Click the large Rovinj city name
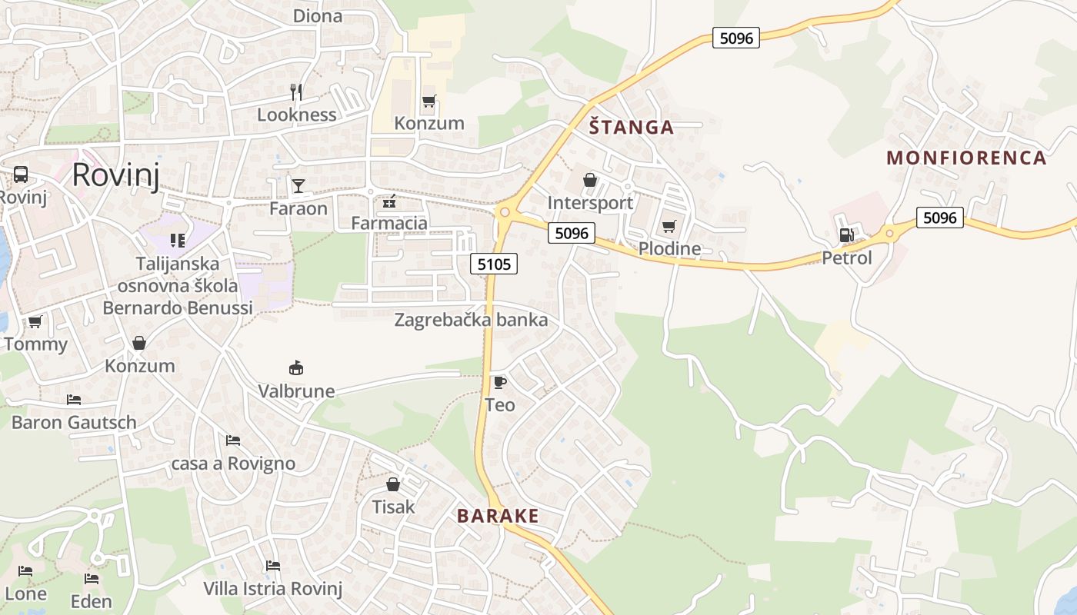[x=115, y=176]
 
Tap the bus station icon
[x=21, y=175]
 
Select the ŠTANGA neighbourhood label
[x=631, y=128]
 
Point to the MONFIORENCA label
[x=966, y=158]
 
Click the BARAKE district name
[x=498, y=516]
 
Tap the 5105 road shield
[x=494, y=264]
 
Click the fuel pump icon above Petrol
[x=846, y=236]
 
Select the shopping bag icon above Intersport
[x=590, y=181]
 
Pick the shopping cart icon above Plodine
[x=669, y=227]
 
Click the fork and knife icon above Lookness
[x=296, y=92]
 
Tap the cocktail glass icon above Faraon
[x=298, y=186]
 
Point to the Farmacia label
[x=388, y=224]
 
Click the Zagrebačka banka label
[x=471, y=320]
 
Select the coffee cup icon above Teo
[x=500, y=382]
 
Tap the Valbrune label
[x=296, y=391]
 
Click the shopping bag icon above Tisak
[x=393, y=484]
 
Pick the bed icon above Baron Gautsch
[x=74, y=400]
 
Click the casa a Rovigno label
[x=233, y=464]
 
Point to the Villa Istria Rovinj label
[x=272, y=589]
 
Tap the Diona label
[x=318, y=15]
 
